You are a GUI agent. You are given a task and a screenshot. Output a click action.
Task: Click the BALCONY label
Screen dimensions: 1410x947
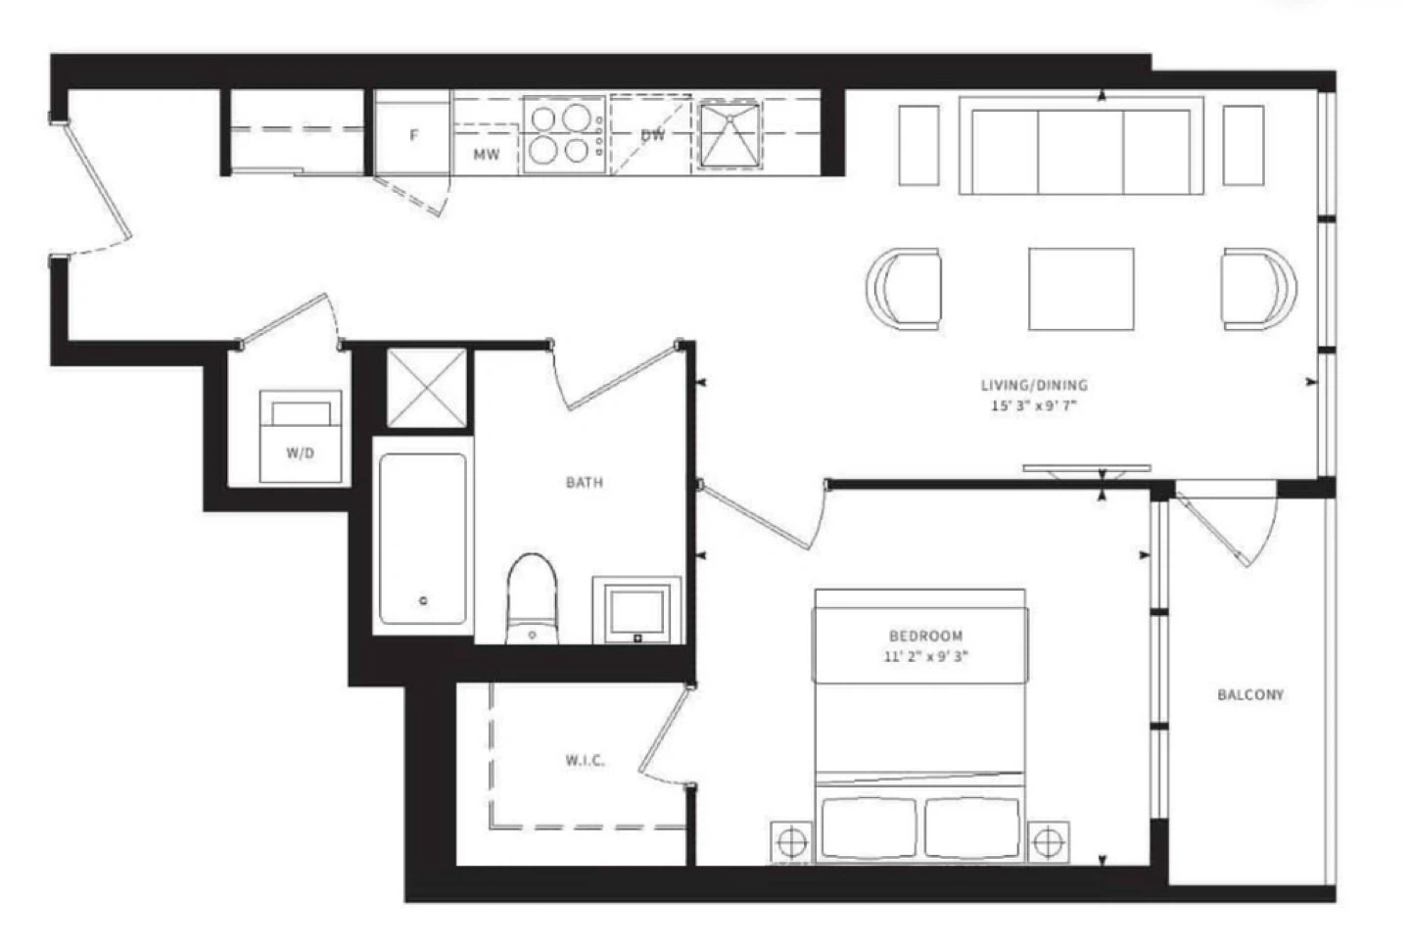pyautogui.click(x=1250, y=694)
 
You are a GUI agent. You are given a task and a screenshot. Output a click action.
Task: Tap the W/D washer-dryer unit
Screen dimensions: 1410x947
pyautogui.click(x=301, y=437)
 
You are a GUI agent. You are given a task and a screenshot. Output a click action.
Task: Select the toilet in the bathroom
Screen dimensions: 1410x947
pyautogui.click(x=533, y=598)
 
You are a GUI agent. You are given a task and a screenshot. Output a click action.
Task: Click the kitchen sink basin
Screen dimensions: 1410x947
pyautogui.click(x=729, y=135)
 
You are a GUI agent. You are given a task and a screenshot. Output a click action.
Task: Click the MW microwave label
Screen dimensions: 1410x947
pyautogui.click(x=487, y=155)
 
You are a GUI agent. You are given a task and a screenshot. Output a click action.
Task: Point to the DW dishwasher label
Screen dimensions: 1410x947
pyautogui.click(x=653, y=135)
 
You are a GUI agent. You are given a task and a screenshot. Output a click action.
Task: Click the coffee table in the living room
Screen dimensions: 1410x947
pyautogui.click(x=1081, y=289)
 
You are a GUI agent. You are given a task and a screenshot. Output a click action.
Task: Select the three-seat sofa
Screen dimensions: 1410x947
pyautogui.click(x=1081, y=146)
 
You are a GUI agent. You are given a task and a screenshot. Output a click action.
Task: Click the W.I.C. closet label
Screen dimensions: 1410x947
pyautogui.click(x=586, y=761)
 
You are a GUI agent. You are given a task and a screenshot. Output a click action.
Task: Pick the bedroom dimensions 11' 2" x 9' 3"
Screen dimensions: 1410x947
pyautogui.click(x=926, y=657)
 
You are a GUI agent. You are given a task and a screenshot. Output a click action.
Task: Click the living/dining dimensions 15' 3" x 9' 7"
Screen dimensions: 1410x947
pyautogui.click(x=1034, y=406)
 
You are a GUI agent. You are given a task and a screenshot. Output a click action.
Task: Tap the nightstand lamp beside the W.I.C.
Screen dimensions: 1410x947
pyautogui.click(x=792, y=841)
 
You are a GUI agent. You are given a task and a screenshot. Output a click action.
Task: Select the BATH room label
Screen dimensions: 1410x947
pyautogui.click(x=585, y=483)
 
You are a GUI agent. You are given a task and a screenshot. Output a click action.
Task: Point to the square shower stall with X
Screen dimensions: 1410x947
pyautogui.click(x=427, y=388)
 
